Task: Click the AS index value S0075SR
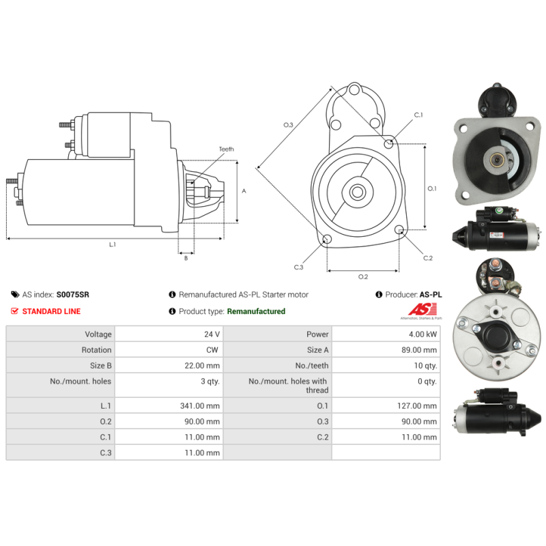pos(72,295)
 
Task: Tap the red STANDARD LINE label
pos(51,311)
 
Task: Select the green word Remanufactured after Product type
pos(256,311)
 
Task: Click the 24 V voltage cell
pos(212,334)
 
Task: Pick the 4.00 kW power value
pos(423,334)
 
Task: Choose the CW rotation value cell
pos(213,350)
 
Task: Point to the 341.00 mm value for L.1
pos(200,405)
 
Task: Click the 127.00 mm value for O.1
pos(417,405)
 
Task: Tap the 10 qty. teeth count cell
pos(425,366)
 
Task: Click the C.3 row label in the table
pos(104,452)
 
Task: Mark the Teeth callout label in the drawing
pos(226,149)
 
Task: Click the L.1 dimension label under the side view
pos(113,244)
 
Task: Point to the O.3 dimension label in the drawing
pos(288,125)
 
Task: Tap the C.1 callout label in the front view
pos(418,115)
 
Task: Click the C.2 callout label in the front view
pos(428,258)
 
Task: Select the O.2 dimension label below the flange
pos(363,276)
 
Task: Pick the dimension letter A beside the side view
pos(244,191)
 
